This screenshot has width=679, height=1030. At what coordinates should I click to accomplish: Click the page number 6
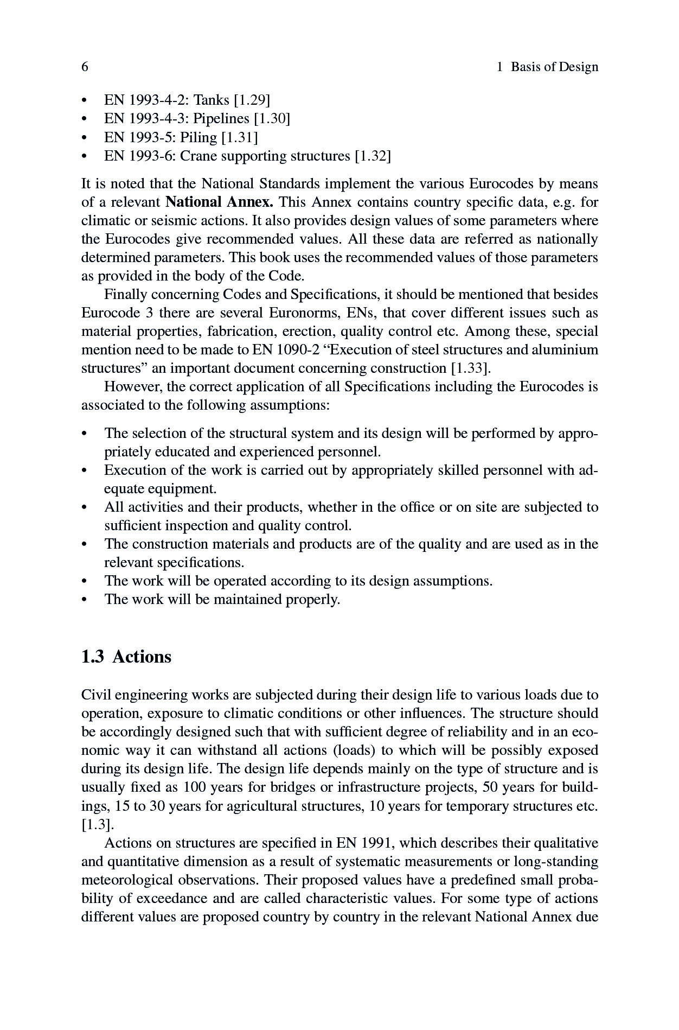(85, 67)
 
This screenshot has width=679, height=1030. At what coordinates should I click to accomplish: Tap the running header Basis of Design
(554, 67)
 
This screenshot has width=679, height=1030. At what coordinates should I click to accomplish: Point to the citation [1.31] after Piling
(239, 137)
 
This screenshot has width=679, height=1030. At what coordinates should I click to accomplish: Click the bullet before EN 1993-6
(84, 157)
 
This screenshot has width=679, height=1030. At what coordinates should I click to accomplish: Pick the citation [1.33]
(470, 368)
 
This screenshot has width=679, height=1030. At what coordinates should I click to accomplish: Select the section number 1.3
(92, 657)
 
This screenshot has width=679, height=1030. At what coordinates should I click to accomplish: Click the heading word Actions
(142, 657)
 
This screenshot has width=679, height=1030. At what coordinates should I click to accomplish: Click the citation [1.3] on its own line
(97, 825)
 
